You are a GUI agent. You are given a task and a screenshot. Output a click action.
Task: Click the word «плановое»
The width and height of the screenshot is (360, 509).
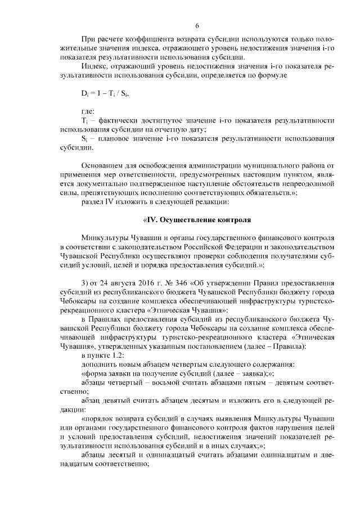tap(114, 139)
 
